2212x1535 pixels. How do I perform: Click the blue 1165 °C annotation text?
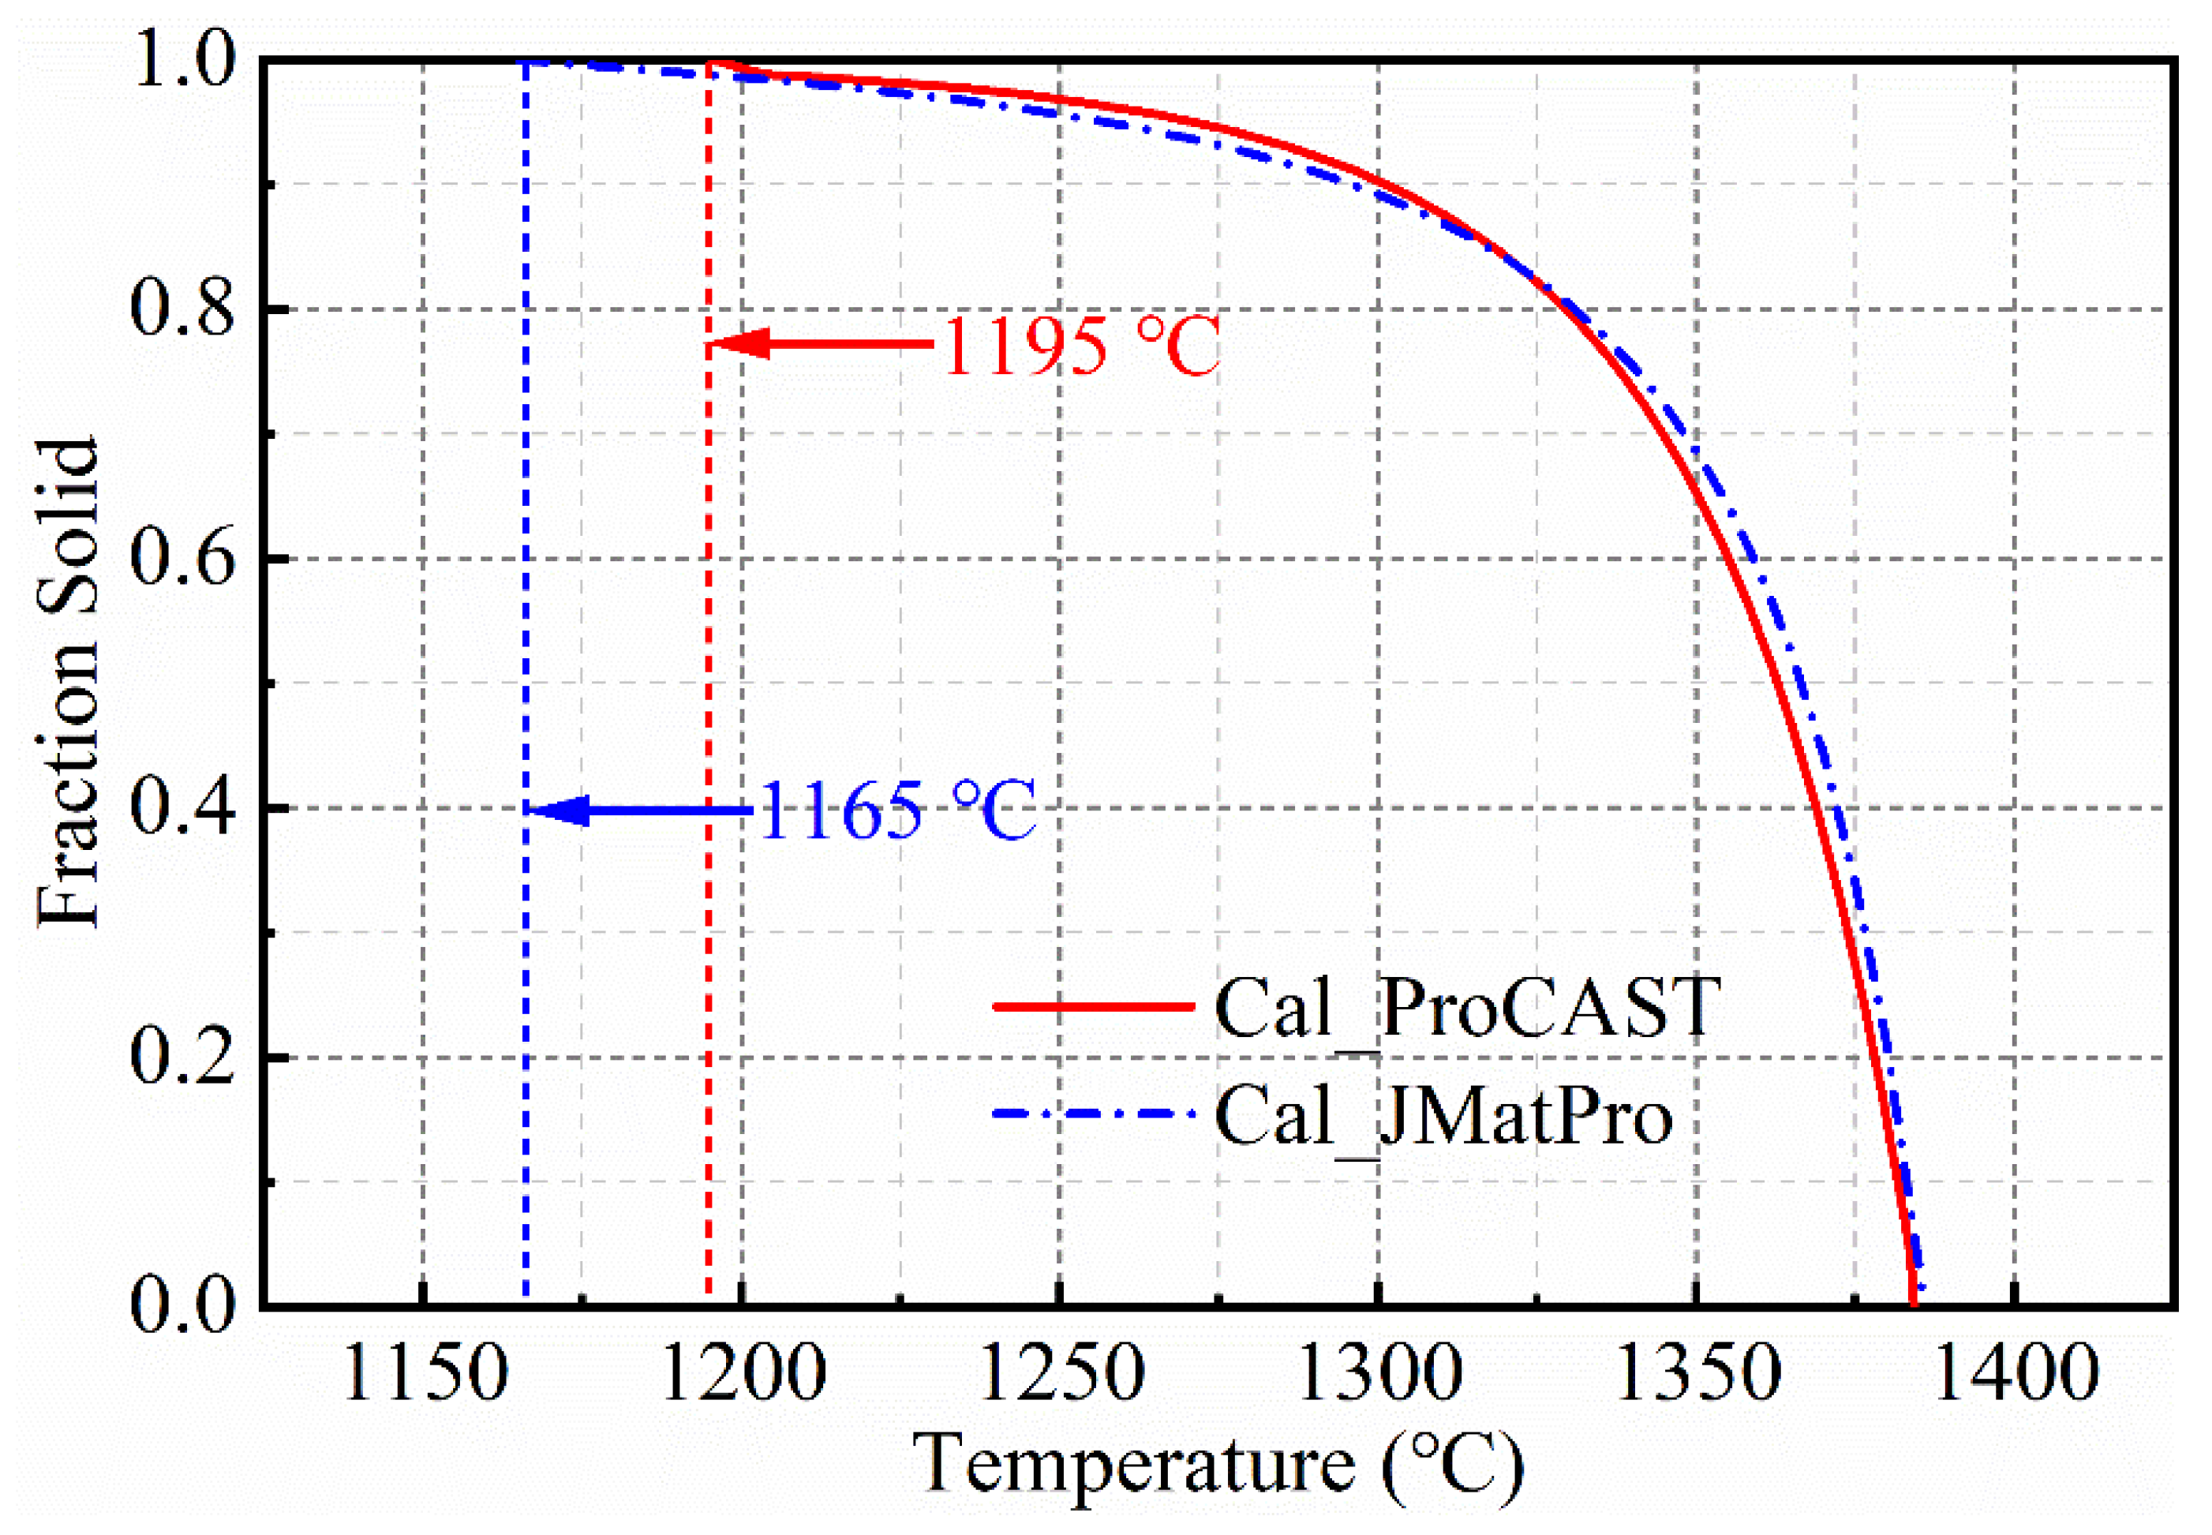point(896,811)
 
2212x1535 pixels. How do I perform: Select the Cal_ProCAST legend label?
point(1467,1007)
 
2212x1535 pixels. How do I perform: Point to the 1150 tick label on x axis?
point(423,1373)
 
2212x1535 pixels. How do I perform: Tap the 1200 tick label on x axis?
point(743,1373)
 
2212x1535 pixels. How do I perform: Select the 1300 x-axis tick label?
point(1378,1373)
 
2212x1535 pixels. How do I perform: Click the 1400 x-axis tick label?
point(2014,1373)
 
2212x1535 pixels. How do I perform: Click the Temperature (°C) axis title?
point(1218,1466)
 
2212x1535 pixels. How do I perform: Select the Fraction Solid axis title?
point(67,683)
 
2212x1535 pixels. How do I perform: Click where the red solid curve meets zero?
point(1913,1302)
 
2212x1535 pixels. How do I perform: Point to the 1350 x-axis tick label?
point(1697,1373)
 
